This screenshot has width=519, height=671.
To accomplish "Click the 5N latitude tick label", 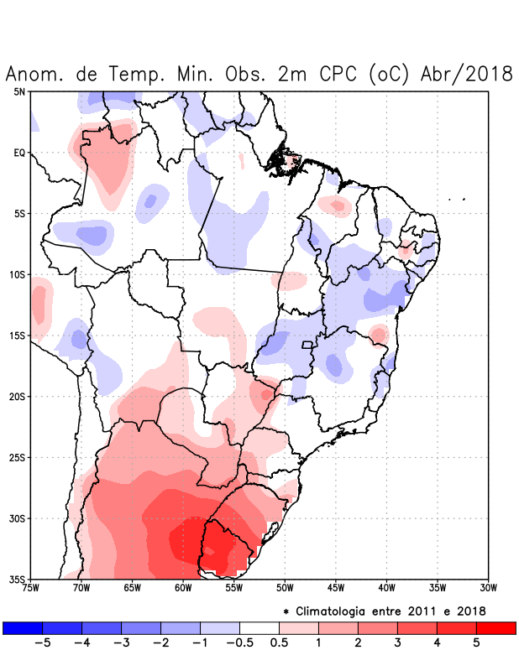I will pyautogui.click(x=19, y=91).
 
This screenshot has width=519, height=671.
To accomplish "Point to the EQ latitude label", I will pyautogui.click(x=19, y=153).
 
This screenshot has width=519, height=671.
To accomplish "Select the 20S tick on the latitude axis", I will pyautogui.click(x=18, y=396).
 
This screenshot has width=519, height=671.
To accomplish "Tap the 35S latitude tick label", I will pyautogui.click(x=18, y=579).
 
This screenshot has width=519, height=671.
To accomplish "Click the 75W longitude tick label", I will pyautogui.click(x=30, y=588).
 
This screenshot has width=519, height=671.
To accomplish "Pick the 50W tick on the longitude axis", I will pyautogui.click(x=285, y=588).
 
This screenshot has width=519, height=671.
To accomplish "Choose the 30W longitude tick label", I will pyautogui.click(x=488, y=588).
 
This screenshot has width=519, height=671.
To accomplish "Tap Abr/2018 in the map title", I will pyautogui.click(x=469, y=74).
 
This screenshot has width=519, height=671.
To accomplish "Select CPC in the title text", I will pyautogui.click(x=339, y=74).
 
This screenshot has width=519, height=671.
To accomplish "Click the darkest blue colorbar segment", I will pyautogui.click(x=22, y=628).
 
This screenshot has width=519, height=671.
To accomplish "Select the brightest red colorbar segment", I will pyautogui.click(x=495, y=628).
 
